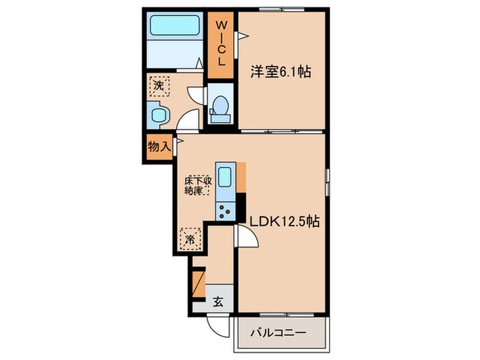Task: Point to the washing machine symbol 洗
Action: pos(159,86)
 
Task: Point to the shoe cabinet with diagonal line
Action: pos(198,282)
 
